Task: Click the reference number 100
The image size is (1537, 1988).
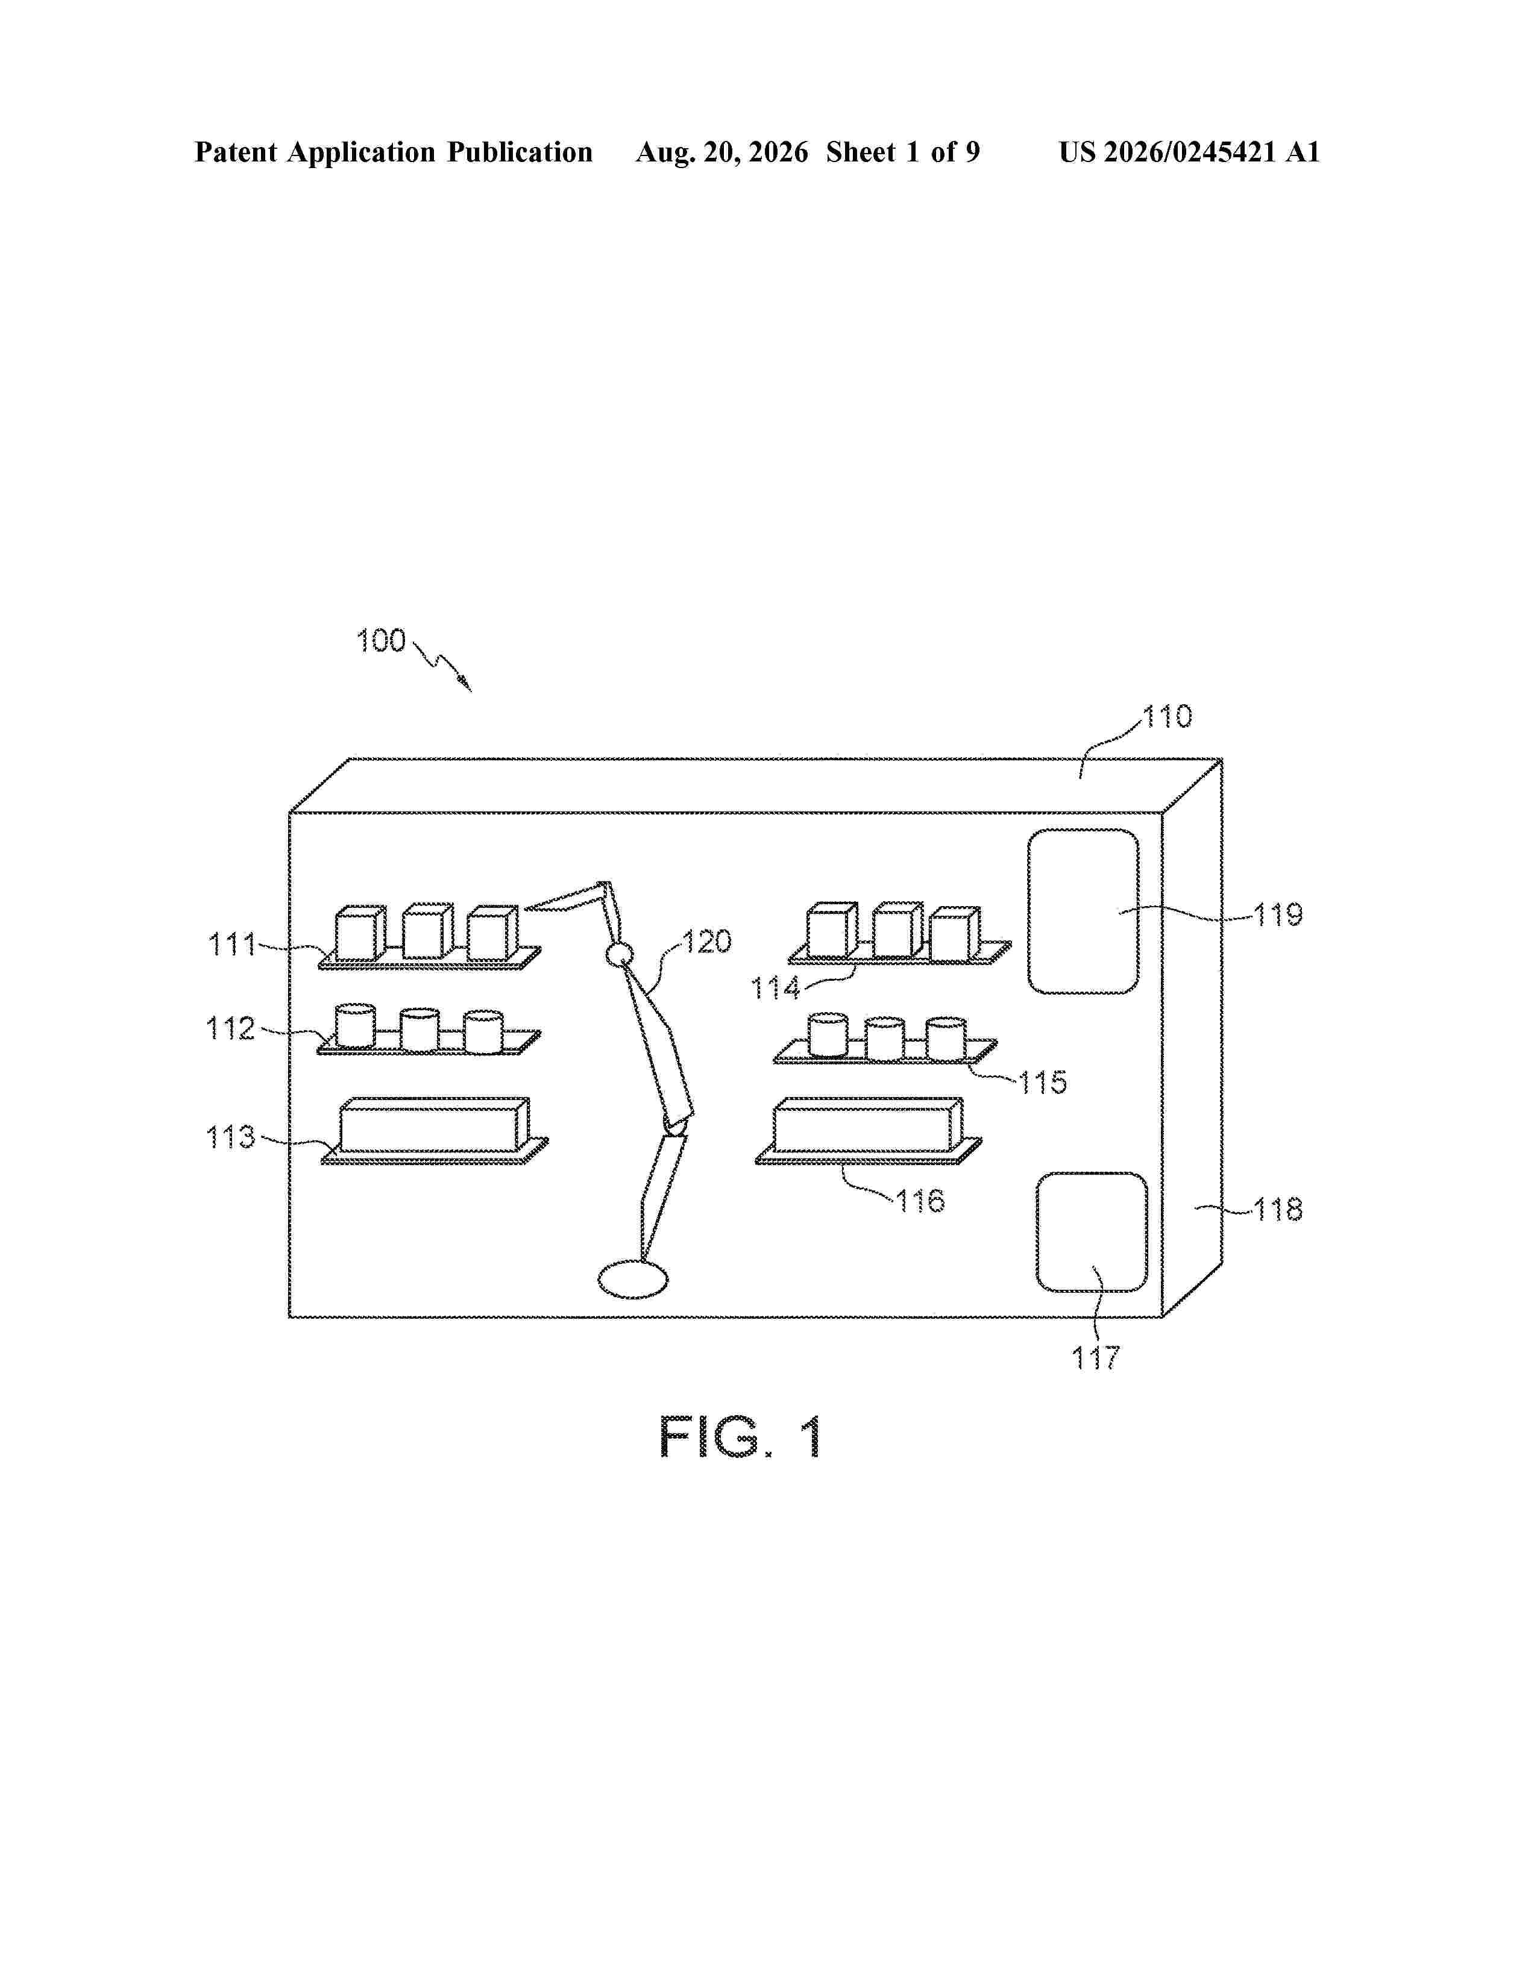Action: tap(380, 641)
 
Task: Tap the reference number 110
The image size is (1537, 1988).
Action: tap(1168, 717)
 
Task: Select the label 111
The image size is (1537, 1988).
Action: tap(233, 945)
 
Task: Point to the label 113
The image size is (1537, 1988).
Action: tap(231, 1137)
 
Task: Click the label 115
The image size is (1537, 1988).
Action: tap(1043, 1083)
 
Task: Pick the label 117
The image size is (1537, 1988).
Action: tap(1095, 1358)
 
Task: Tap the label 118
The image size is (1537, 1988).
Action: tap(1278, 1210)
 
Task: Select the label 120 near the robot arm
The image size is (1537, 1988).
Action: tap(708, 941)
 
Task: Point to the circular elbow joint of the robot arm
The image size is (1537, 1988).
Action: tap(619, 954)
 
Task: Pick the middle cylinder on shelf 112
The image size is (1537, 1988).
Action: tap(420, 1030)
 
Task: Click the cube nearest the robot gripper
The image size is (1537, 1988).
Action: tap(492, 932)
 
